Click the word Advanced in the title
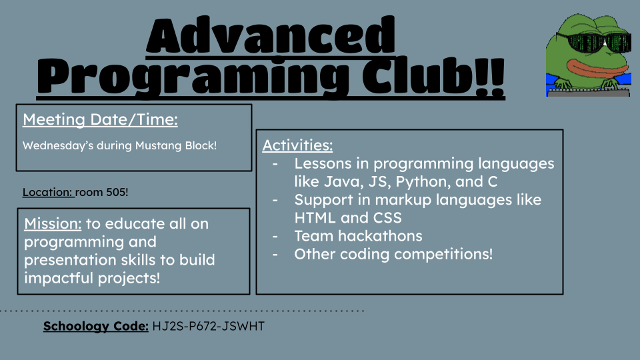point(271,35)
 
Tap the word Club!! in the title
point(433,76)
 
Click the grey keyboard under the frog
point(588,92)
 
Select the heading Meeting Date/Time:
point(100,119)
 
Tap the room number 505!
point(117,192)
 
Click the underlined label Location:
point(47,192)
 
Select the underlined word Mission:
point(53,224)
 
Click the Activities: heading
point(297,145)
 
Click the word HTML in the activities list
point(315,217)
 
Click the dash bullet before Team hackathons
point(275,236)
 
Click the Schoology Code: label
point(96,326)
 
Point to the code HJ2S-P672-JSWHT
point(209,326)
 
